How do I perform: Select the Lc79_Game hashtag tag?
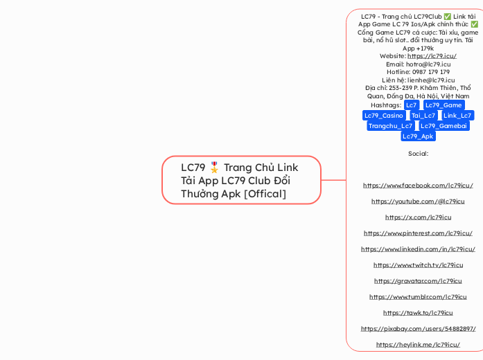(444, 105)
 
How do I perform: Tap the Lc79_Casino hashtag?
(384, 115)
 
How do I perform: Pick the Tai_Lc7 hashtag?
(423, 115)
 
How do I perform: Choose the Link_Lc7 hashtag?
(457, 115)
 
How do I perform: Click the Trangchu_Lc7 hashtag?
(390, 125)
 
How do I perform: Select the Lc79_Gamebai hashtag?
(444, 125)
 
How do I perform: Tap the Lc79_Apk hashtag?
(418, 136)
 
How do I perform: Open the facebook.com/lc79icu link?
(418, 186)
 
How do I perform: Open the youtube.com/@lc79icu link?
(418, 201)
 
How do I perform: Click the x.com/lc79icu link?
(418, 217)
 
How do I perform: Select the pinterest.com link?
(418, 233)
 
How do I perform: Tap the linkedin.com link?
(418, 249)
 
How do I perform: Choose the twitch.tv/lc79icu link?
(418, 264)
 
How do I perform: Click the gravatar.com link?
(418, 280)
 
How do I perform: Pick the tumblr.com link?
(418, 296)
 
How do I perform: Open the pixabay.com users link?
(418, 328)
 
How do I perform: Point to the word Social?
(418, 153)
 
